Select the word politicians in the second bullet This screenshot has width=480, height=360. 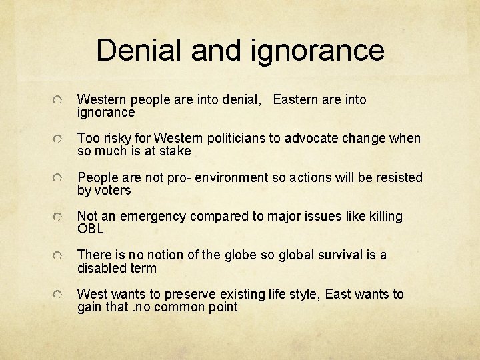pyautogui.click(x=233, y=139)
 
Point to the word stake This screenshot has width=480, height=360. pyautogui.click(x=175, y=151)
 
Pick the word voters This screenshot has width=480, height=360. pyautogui.click(x=113, y=191)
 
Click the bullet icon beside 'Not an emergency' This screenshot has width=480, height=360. pyautogui.click(x=59, y=217)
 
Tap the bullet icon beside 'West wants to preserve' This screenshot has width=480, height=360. pyautogui.click(x=59, y=295)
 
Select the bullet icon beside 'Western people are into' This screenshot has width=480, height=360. pyautogui.click(x=59, y=100)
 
